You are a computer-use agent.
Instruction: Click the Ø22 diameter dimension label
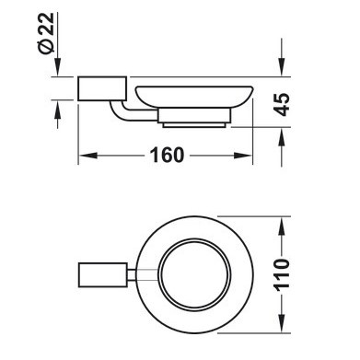pos(46,33)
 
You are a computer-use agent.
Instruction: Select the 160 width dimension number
pos(167,155)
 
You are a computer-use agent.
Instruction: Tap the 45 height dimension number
pos(282,104)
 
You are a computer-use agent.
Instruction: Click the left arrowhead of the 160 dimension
pos(88,156)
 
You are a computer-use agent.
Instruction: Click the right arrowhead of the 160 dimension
pos(243,156)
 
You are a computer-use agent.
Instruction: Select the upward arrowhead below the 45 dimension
pos(282,136)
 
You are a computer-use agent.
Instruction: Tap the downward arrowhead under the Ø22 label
pos(57,66)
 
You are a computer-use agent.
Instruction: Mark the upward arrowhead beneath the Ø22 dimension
pos(57,110)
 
